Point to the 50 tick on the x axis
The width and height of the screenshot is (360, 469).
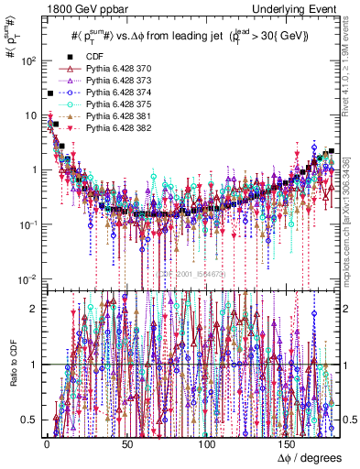click(x=127, y=444)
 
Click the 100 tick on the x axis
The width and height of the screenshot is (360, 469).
click(x=208, y=444)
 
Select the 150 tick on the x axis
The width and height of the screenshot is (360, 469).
click(x=289, y=444)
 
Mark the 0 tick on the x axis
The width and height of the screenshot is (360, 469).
click(x=47, y=444)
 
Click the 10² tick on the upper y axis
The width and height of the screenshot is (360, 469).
click(x=27, y=61)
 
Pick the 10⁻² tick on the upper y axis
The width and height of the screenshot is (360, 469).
click(x=27, y=278)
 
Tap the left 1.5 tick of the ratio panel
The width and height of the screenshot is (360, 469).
click(x=30, y=336)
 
